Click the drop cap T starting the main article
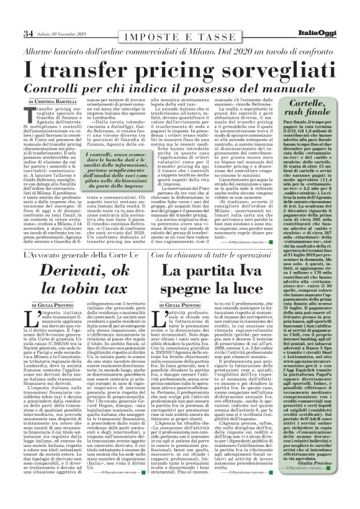tap(30, 115)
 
